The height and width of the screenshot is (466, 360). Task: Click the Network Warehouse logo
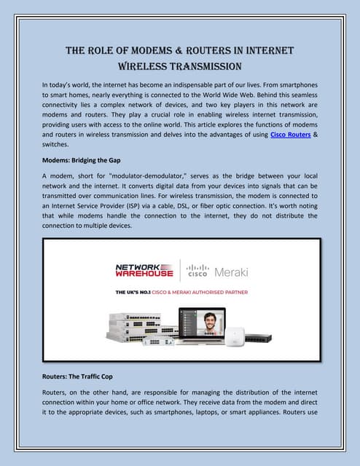(144, 270)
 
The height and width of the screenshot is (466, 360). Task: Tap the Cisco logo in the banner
(198, 271)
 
